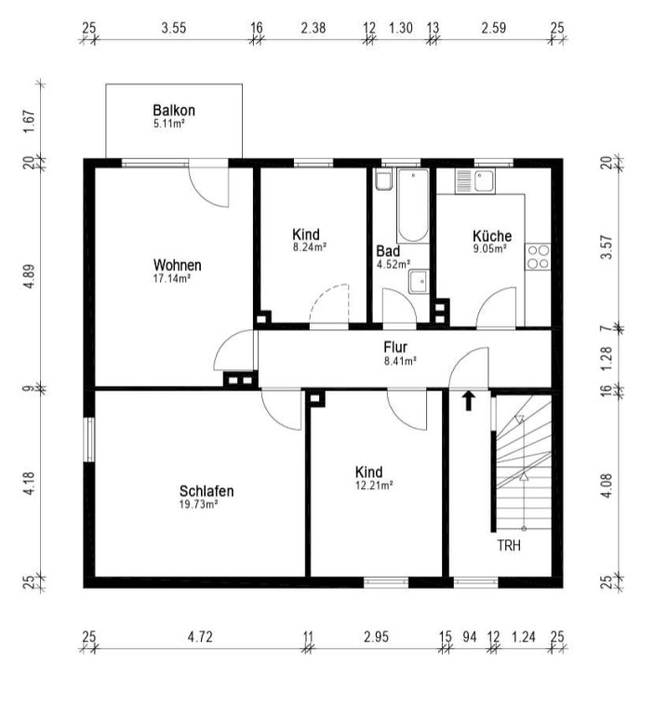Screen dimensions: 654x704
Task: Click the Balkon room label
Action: tap(174, 111)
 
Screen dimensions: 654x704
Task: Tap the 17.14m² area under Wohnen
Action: tap(171, 278)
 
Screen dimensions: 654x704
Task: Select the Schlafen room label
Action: tap(207, 491)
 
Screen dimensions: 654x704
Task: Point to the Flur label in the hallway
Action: tap(395, 347)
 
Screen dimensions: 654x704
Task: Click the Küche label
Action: tap(492, 235)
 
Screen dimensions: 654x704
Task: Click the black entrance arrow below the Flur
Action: tap(469, 401)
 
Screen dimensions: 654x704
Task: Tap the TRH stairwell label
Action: tap(509, 546)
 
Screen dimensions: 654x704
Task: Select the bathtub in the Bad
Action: tap(412, 206)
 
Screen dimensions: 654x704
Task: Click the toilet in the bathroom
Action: tap(384, 180)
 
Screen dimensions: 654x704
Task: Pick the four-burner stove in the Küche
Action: tap(538, 257)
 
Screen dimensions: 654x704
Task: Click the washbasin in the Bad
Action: tap(419, 282)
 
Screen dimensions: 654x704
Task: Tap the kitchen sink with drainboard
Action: tap(474, 181)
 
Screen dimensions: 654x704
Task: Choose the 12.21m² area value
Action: tap(374, 485)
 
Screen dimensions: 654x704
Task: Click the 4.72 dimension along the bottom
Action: tap(200, 637)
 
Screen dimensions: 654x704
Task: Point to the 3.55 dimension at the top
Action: tap(174, 28)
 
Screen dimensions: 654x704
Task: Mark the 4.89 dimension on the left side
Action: tap(29, 277)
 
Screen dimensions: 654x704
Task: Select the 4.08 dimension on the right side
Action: tap(607, 485)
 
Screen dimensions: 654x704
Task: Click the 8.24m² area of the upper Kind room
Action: tap(310, 247)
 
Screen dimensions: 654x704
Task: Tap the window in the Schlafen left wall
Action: tap(89, 440)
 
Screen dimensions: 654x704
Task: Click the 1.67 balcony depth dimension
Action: tap(29, 122)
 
